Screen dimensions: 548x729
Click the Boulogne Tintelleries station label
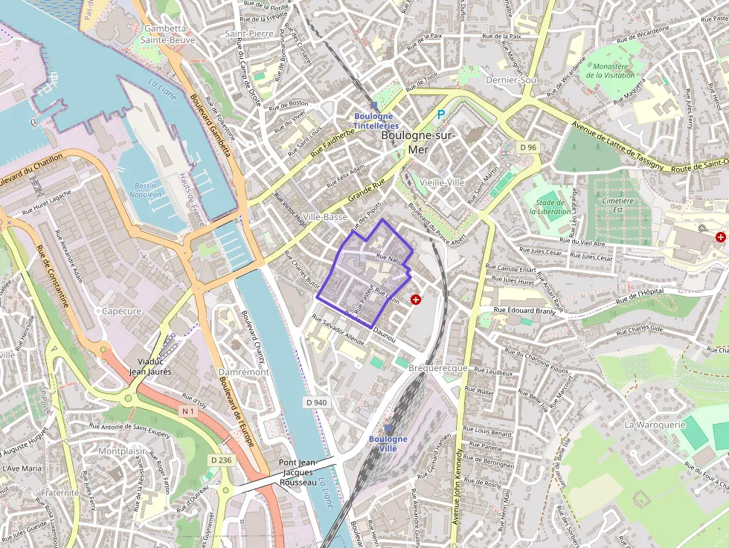375,120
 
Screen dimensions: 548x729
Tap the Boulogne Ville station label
388,444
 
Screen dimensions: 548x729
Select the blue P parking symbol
440,115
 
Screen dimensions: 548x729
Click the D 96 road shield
528,147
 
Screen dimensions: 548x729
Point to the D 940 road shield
316,402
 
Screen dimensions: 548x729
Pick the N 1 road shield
187,410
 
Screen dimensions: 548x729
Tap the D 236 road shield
221,460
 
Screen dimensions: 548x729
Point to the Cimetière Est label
618,205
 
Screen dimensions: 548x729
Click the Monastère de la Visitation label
610,71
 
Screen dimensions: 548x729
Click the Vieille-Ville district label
442,182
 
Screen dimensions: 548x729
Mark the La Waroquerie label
655,425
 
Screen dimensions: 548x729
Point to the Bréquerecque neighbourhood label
438,368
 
